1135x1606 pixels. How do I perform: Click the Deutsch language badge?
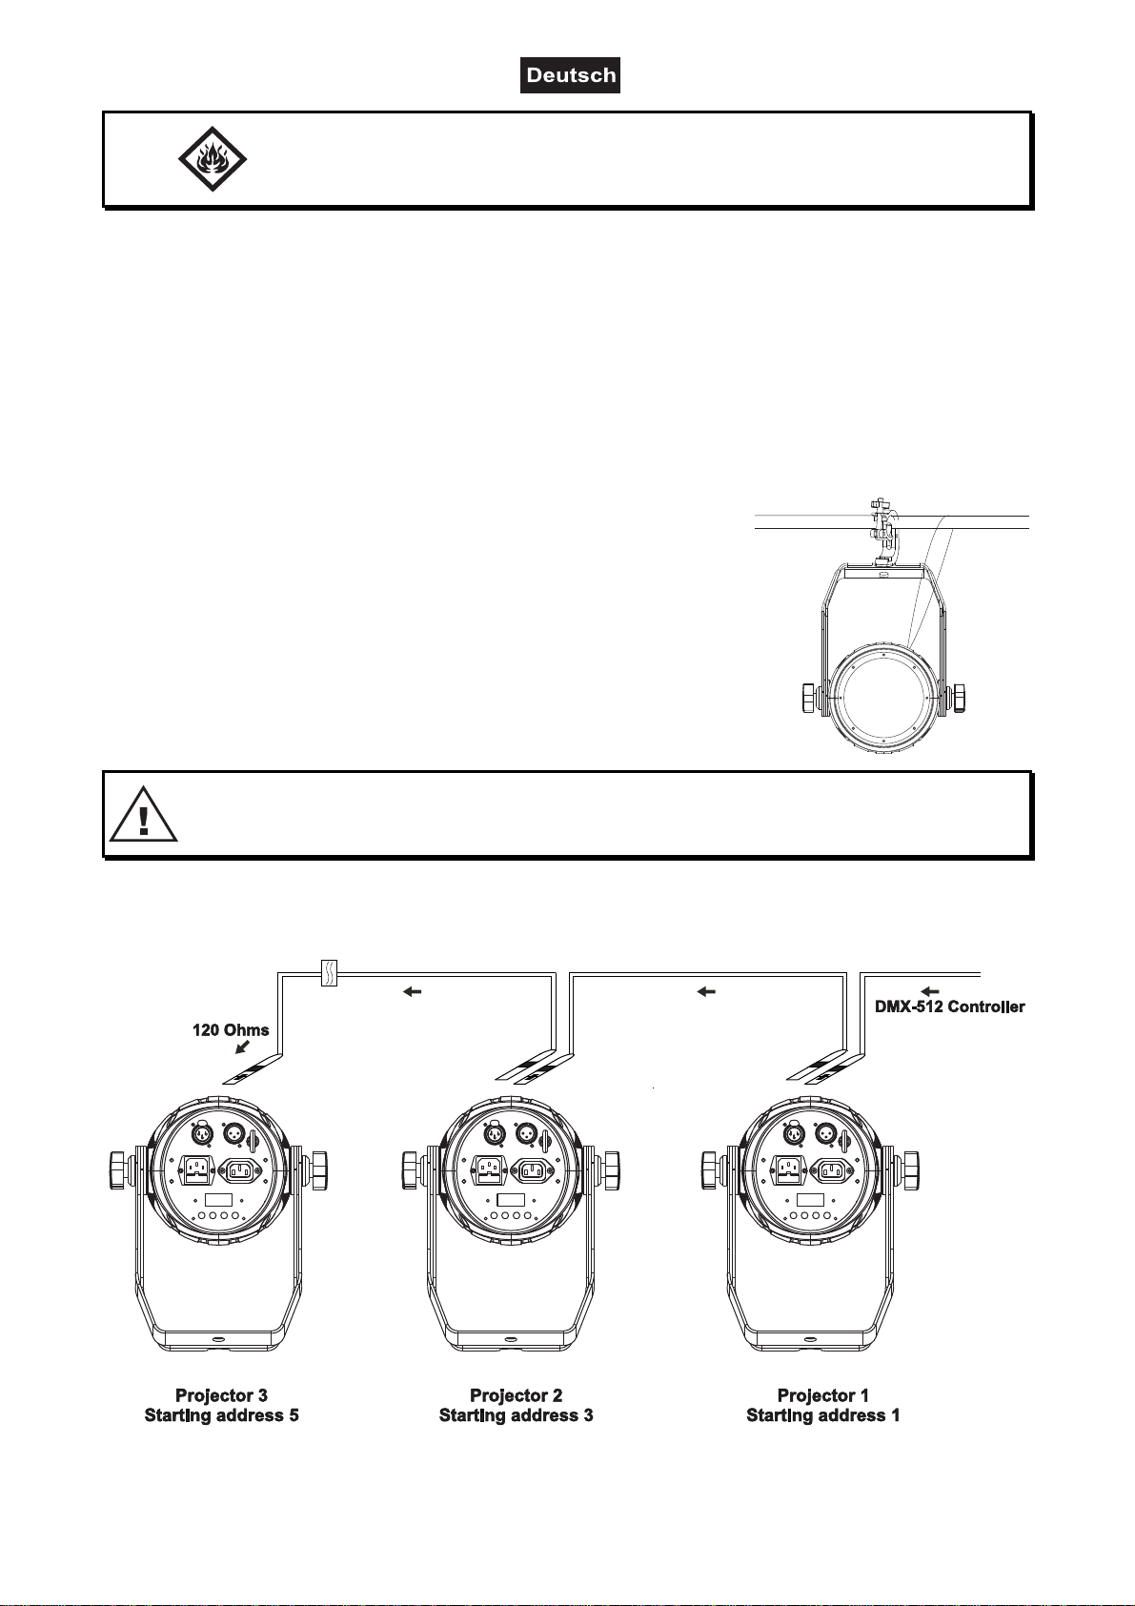pyautogui.click(x=570, y=75)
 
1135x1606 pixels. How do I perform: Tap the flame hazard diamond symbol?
pyautogui.click(x=213, y=159)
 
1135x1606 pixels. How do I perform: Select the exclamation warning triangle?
pyautogui.click(x=143, y=814)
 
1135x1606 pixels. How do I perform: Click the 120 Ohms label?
pyautogui.click(x=231, y=1030)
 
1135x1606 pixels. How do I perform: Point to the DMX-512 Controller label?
pyautogui.click(x=950, y=1006)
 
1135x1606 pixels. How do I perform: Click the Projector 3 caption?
pyautogui.click(x=221, y=1395)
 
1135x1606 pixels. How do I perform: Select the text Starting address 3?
pyautogui.click(x=517, y=1415)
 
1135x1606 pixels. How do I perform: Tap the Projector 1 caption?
pyautogui.click(x=823, y=1395)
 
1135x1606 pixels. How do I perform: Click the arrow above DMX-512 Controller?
pyautogui.click(x=930, y=991)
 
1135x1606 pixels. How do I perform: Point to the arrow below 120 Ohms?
pyautogui.click(x=243, y=1047)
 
